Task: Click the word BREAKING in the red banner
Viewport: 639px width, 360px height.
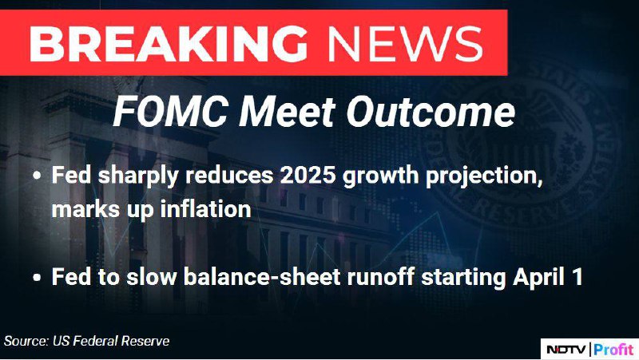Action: click(x=169, y=43)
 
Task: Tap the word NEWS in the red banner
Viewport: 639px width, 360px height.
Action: click(x=406, y=43)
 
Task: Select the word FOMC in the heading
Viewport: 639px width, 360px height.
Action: click(x=170, y=111)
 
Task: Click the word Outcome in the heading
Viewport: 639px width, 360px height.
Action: click(x=431, y=111)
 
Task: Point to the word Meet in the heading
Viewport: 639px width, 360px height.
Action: click(x=287, y=111)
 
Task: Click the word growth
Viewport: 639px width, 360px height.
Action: click(x=381, y=176)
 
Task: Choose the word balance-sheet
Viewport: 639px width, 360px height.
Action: click(x=262, y=277)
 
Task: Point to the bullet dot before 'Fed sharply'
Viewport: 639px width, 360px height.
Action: click(x=38, y=176)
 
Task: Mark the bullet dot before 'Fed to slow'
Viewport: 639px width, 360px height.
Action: click(x=38, y=278)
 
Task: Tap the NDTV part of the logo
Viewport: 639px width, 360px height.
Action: click(x=566, y=350)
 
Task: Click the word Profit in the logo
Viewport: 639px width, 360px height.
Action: click(x=613, y=350)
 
